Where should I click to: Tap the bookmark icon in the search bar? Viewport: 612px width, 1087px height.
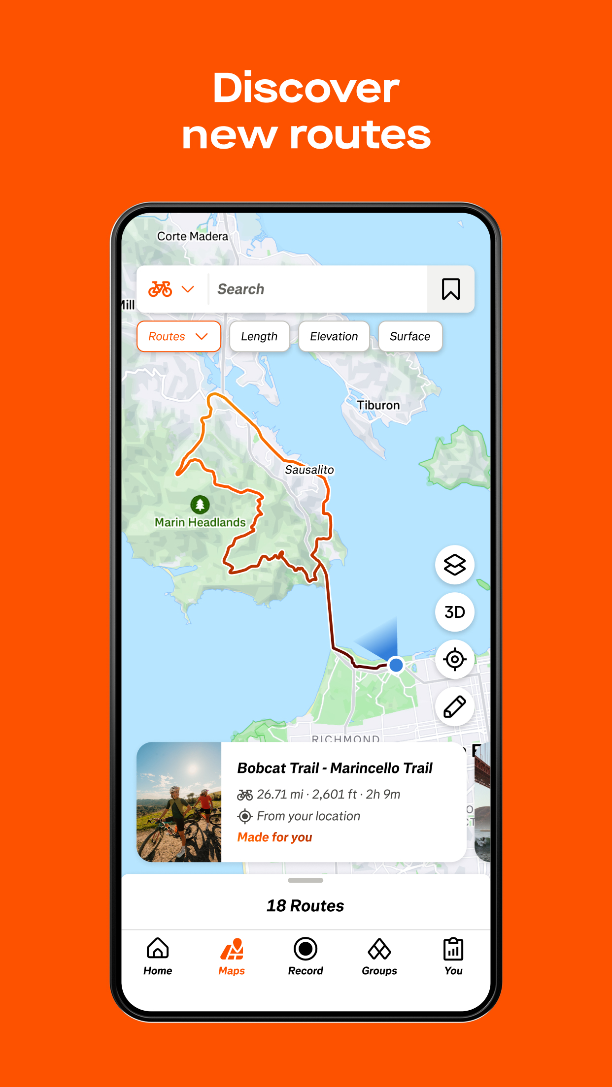(x=450, y=289)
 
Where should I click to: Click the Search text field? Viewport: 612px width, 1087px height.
(x=318, y=289)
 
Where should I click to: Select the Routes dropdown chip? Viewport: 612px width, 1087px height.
(x=178, y=336)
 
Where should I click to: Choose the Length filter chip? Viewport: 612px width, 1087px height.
(x=259, y=336)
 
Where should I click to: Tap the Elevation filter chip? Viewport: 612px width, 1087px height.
(x=334, y=336)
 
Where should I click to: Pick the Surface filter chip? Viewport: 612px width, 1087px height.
(x=410, y=336)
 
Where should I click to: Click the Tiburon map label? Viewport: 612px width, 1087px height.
(x=378, y=405)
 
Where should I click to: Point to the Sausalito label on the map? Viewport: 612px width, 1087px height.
(x=309, y=470)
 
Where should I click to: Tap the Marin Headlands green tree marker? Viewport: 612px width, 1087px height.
(x=200, y=505)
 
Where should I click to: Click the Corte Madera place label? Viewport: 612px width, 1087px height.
(x=192, y=236)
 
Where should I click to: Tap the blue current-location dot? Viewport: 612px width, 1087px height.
(x=396, y=665)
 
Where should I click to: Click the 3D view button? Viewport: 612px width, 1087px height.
(x=454, y=612)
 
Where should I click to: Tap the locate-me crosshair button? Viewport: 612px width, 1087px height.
(x=454, y=659)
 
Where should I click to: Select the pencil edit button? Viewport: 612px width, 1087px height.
(x=454, y=706)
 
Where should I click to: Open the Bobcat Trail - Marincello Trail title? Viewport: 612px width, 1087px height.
(x=335, y=768)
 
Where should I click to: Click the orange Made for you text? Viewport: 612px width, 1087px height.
(x=274, y=837)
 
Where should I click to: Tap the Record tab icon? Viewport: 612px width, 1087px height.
(x=306, y=949)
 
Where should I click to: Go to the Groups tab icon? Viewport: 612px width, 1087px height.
(x=379, y=949)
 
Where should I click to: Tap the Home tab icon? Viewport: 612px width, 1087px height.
(x=158, y=949)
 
